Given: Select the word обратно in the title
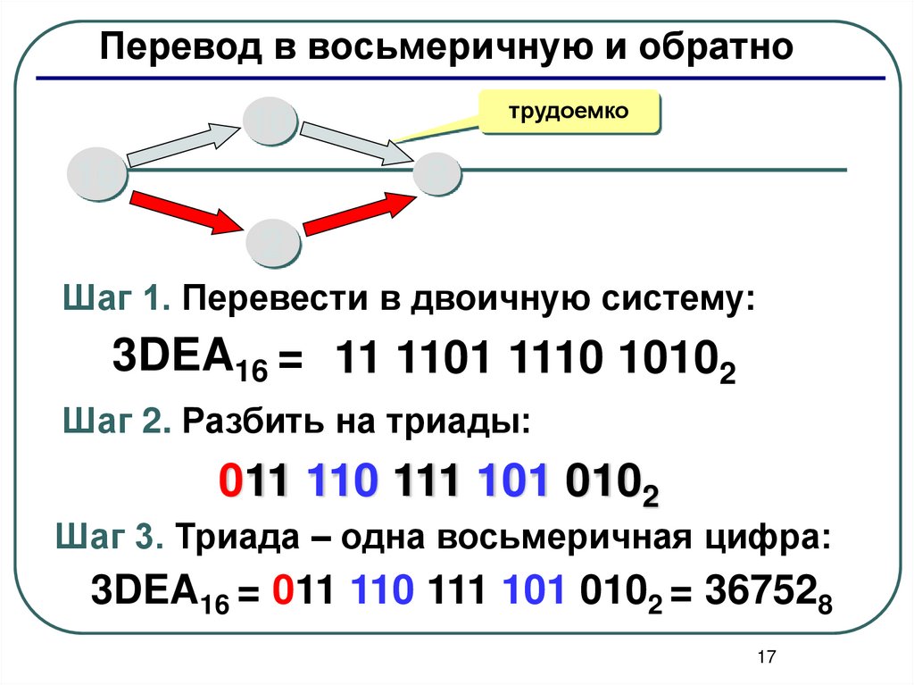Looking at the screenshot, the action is [x=714, y=47].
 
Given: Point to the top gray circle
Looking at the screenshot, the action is [x=270, y=122].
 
